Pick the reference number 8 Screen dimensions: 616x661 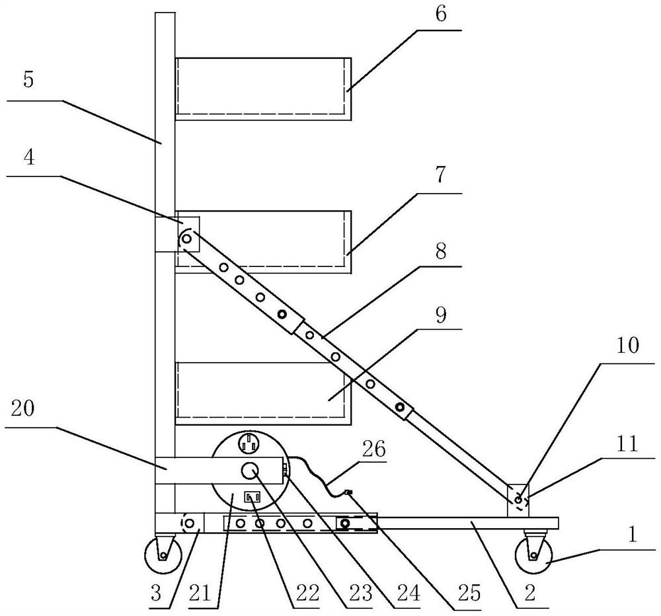(440, 252)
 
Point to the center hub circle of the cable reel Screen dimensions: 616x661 (249, 471)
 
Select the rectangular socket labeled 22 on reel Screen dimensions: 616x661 (252, 496)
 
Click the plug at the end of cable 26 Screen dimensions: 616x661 (348, 492)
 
